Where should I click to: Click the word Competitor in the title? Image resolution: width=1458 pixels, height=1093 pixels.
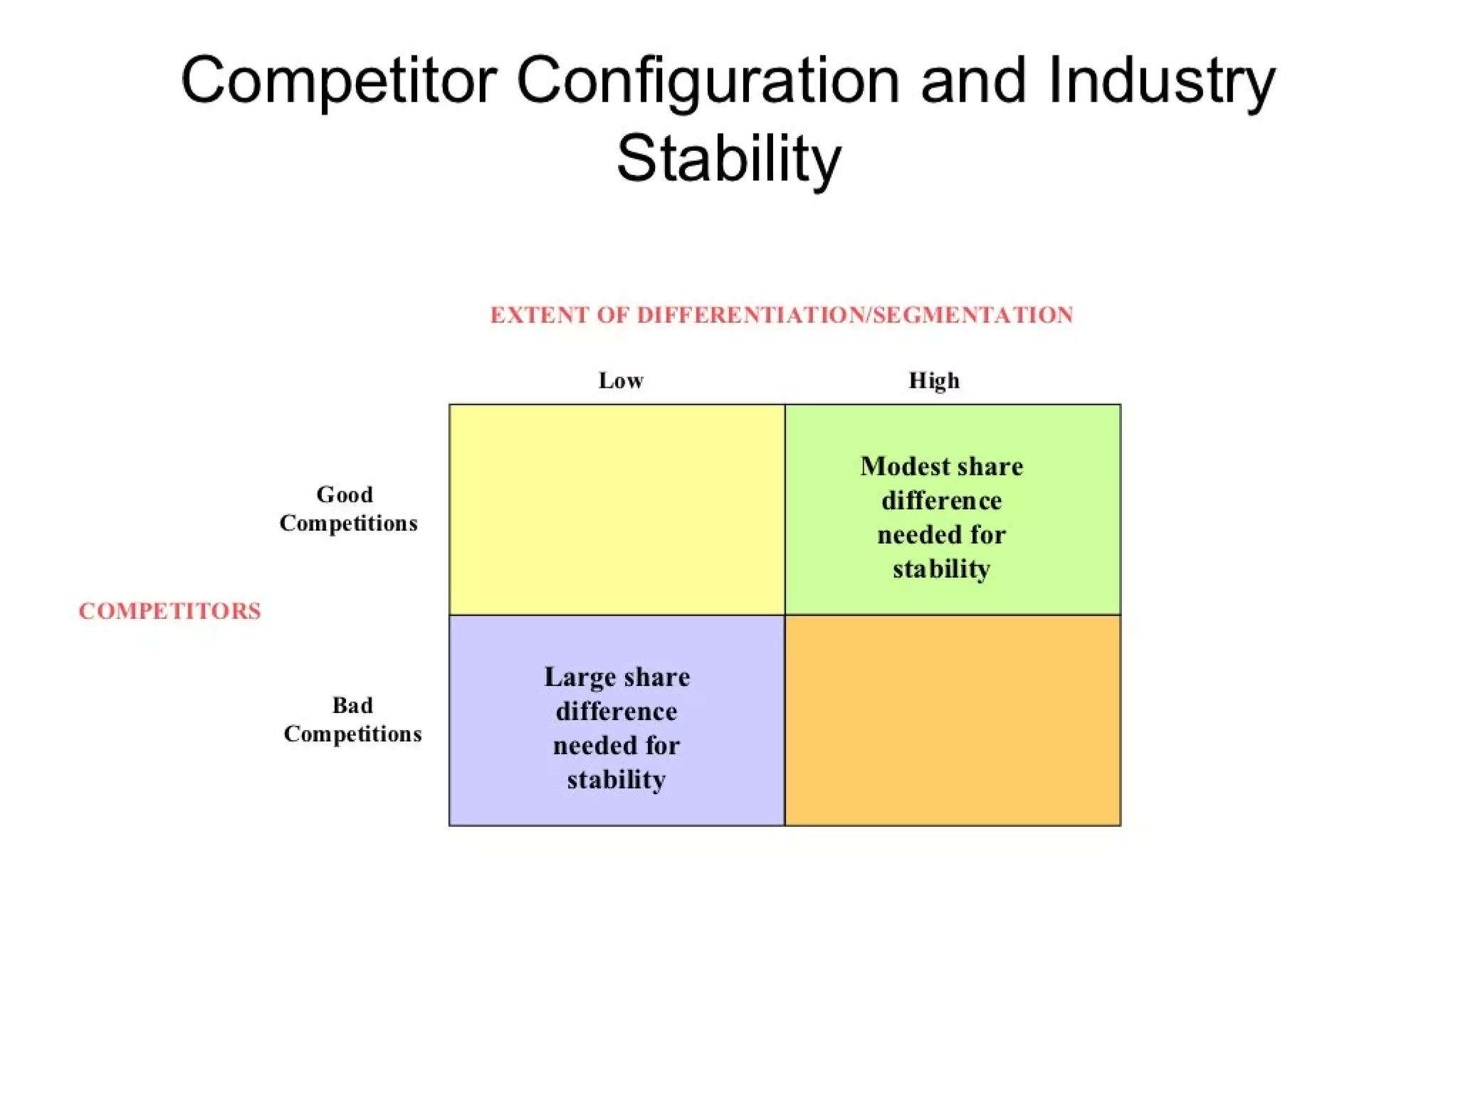tap(339, 80)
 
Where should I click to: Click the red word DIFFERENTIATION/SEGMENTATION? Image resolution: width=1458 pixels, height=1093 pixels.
tap(855, 315)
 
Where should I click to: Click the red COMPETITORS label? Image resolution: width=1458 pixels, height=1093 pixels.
tap(169, 611)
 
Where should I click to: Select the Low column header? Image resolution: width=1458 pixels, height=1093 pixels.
tap(621, 381)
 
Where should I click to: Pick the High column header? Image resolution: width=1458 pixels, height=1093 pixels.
tap(934, 381)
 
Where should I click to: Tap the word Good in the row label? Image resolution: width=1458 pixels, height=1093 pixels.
tap(345, 495)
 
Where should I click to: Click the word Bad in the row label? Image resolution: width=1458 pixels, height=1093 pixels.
tap(352, 705)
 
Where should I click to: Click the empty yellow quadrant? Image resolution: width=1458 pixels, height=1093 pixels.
tap(617, 509)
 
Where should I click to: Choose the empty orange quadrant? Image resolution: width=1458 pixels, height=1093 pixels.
tap(953, 720)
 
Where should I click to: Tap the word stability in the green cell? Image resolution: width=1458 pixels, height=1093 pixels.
tap(941, 569)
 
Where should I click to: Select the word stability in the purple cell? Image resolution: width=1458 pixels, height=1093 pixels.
tap(617, 780)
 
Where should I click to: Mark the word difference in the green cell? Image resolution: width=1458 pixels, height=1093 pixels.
tap(941, 501)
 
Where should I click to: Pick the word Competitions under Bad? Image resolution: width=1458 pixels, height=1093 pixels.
tap(352, 734)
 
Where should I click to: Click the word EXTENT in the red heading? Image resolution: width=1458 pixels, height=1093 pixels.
tap(540, 315)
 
